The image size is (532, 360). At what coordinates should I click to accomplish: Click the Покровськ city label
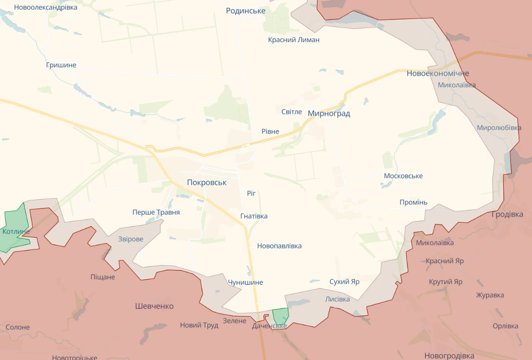[x=206, y=182]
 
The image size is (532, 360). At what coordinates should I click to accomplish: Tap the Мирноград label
[x=329, y=114]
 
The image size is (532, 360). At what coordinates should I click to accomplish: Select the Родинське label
[x=246, y=11]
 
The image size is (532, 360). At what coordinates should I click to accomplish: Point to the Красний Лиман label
[x=294, y=40]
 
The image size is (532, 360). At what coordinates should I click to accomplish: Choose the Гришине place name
[x=61, y=65]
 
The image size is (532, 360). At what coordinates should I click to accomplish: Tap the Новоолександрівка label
[x=46, y=7]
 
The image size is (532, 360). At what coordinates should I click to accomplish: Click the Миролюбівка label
[x=499, y=128]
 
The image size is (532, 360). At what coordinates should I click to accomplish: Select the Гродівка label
[x=507, y=214]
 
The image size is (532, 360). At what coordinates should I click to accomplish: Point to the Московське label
[x=403, y=176]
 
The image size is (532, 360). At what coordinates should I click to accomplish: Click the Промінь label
[x=413, y=202]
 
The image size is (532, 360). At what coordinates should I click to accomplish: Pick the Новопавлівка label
[x=279, y=246]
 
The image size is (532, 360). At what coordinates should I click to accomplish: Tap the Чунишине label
[x=245, y=283]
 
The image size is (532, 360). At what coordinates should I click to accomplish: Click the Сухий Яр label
[x=345, y=282]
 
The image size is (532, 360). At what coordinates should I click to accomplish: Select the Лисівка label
[x=337, y=299]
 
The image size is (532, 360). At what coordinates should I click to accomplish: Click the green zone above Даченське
[x=280, y=316]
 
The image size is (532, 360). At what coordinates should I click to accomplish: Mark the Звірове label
[x=131, y=239]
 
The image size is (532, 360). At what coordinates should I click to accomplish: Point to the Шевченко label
[x=154, y=306]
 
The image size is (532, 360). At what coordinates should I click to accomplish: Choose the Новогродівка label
[x=449, y=355]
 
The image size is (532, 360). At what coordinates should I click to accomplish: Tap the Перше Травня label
[x=156, y=212]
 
